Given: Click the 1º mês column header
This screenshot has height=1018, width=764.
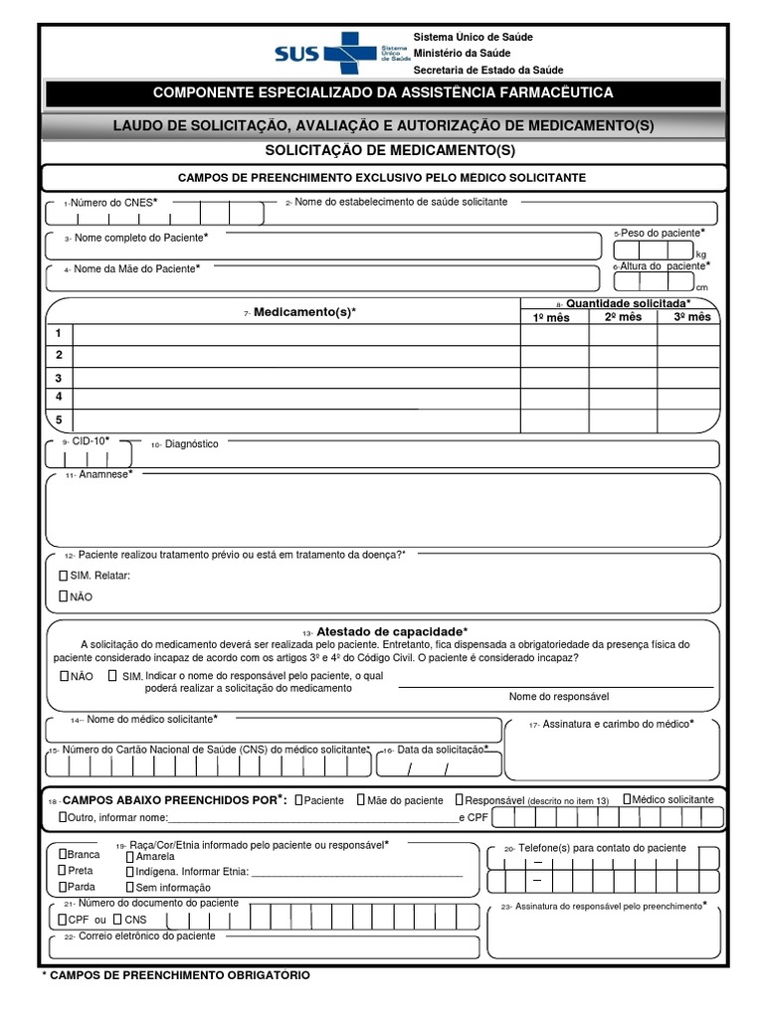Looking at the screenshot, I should [554, 317].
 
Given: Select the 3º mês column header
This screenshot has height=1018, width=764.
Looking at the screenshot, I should [692, 317].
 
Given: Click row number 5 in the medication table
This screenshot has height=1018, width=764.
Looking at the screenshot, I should [59, 420].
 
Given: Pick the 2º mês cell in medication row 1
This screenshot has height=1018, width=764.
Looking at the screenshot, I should [623, 334].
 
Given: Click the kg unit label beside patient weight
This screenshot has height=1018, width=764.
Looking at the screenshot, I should [701, 254].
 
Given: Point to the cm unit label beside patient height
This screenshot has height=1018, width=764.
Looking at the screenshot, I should [701, 287].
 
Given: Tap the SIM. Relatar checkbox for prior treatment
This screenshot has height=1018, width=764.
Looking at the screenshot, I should [64, 576].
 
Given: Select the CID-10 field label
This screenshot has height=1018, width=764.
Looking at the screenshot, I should [91, 440].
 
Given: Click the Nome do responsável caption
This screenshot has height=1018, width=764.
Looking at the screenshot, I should [558, 696].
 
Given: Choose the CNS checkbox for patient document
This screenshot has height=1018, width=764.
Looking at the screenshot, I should [116, 920].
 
